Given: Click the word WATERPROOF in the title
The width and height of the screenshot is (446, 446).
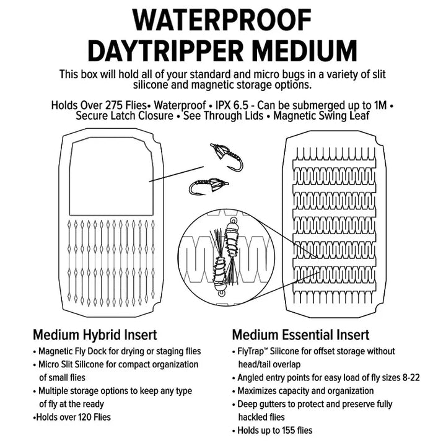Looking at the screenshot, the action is pos(222,20).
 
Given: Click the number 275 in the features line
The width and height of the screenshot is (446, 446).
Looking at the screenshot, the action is pos(115,105).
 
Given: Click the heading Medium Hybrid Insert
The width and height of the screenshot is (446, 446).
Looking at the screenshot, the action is pos(95,334).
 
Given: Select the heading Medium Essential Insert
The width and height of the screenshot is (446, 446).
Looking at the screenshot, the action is pos(300,334).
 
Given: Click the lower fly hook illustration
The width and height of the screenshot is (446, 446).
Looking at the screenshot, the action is pos(209,186).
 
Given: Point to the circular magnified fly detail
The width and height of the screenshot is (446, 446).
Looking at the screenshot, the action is pos(227,258).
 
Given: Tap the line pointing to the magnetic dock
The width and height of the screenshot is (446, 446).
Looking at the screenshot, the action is pos(177,174).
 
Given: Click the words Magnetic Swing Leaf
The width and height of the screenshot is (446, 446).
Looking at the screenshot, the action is pos(321,116).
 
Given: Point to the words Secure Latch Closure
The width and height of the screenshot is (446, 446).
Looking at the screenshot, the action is pos(125,116).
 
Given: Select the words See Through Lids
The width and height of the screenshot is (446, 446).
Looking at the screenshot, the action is pos(223,116).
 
